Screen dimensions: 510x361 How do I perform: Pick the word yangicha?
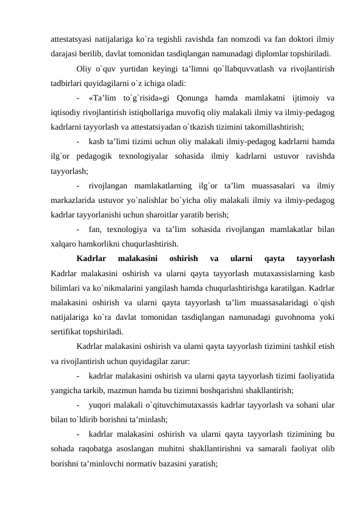click(x=68, y=391)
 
